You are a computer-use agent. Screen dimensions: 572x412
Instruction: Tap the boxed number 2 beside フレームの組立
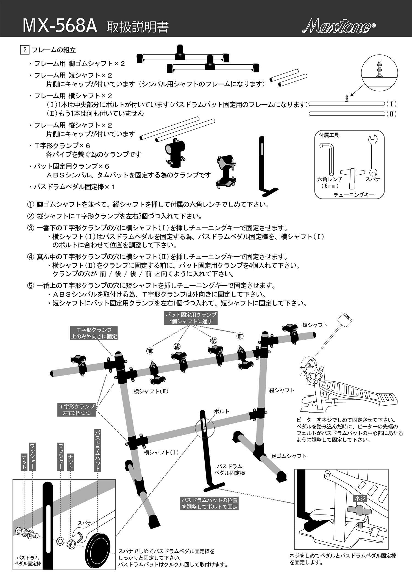25,50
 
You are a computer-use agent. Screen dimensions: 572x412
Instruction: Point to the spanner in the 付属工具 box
372,155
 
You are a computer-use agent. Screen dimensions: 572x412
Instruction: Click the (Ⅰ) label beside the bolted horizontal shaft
391,104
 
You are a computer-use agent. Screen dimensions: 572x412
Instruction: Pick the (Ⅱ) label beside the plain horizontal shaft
391,114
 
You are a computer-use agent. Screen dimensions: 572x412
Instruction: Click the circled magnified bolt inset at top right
380,73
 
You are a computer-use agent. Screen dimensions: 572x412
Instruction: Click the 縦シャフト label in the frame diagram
282,390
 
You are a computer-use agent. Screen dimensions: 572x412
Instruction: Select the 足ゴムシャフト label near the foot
289,456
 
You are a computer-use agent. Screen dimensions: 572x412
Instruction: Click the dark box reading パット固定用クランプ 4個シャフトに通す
191,318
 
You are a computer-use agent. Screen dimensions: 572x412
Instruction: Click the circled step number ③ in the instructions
30,228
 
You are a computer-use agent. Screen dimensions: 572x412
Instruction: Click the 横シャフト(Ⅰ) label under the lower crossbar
161,452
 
